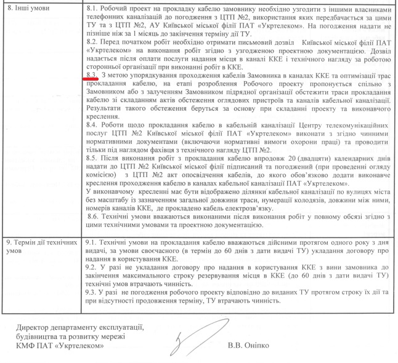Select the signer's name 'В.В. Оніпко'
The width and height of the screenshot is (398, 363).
pos(249,345)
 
